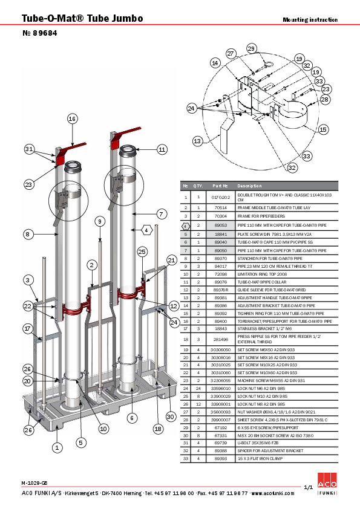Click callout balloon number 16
coord(73,118)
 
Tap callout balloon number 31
coord(30,149)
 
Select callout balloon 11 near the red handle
coord(162,149)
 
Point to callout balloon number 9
coord(99,221)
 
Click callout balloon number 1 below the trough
coord(56,448)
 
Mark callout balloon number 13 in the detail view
coord(197,141)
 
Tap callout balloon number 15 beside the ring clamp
coord(323,129)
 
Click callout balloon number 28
coord(325,99)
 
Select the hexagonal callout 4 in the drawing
coord(147,230)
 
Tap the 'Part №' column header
coord(220,186)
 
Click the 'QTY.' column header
coord(198,186)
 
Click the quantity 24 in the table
coord(198,387)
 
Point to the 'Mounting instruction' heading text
coord(310,20)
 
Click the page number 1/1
coord(307,487)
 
